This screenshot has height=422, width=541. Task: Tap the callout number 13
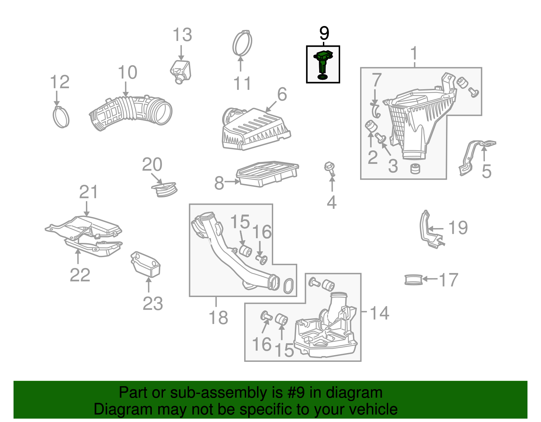[x=182, y=35]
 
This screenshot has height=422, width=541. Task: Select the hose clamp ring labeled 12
[x=61, y=117]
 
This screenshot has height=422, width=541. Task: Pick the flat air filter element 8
[x=267, y=174]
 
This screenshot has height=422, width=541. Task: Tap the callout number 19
[x=458, y=228]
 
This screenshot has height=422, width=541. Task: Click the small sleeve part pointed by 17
[x=414, y=280]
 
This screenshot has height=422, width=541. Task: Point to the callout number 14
[x=379, y=313]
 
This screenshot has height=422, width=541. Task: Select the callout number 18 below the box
[x=218, y=318]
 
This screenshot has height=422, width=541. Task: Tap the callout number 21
[x=88, y=192]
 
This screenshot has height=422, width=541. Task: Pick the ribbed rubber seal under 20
[x=164, y=190]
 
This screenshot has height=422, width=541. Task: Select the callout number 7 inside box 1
[x=377, y=80]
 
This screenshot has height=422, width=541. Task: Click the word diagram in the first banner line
[x=362, y=393]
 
